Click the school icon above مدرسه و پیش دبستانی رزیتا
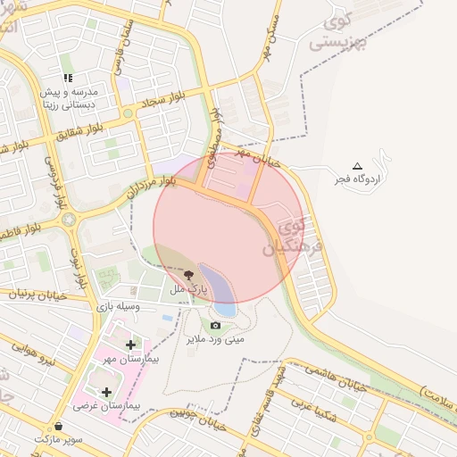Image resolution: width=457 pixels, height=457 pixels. coord(69,78)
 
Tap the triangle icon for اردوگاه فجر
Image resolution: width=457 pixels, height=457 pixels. coord(358,166)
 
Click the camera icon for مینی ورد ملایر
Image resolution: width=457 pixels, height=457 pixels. coord(215,326)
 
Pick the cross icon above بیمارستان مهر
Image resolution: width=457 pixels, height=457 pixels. coord(131,344)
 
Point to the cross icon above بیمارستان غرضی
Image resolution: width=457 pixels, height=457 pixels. coord(107,392)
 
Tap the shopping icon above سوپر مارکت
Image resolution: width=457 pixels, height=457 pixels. coord(59,426)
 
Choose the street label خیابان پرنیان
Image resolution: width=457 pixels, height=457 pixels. coord(37,292)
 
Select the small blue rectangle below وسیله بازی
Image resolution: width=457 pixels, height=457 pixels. coord(168,318)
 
